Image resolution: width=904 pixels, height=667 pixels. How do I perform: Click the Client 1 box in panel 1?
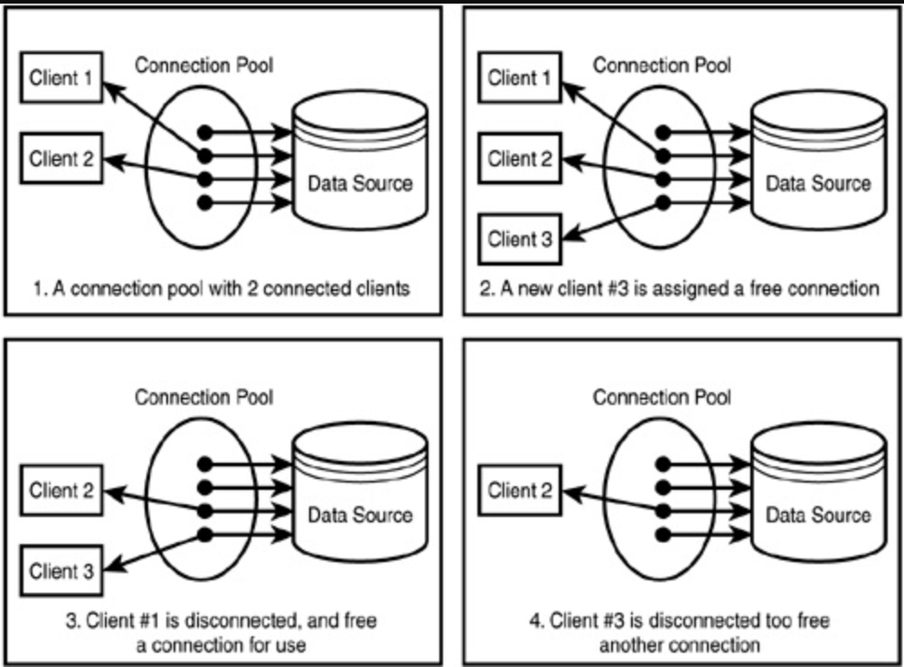61,80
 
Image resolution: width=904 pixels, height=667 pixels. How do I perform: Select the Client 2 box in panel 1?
61,160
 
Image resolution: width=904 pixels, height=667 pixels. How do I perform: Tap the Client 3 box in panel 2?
520,240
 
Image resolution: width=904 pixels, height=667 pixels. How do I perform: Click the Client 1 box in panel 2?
520,79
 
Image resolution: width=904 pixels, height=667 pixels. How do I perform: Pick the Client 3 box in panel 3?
61,571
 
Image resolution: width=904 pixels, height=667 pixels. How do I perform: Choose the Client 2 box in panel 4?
520,492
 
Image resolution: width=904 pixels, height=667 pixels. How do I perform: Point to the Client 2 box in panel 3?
61,492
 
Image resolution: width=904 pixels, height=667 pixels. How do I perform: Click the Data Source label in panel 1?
360,183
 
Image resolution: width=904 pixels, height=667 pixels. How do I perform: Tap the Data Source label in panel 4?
818,515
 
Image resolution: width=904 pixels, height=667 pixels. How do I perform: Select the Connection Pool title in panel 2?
662,65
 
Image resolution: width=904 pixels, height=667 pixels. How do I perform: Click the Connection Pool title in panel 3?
203,397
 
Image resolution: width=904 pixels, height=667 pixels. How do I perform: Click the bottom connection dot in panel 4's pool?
664,534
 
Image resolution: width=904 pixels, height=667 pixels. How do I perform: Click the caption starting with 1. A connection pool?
221,289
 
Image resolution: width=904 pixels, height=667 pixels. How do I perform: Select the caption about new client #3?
678,289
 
